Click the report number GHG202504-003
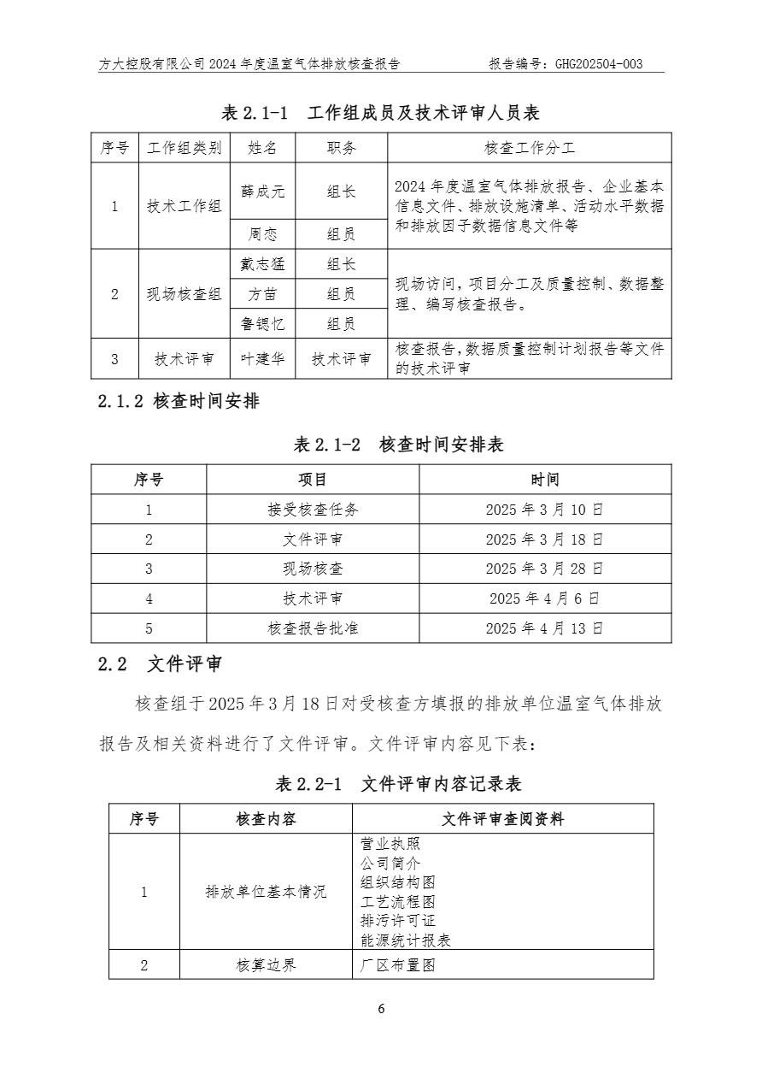598,64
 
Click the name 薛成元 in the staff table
262,191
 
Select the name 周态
262,234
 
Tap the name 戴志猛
262,265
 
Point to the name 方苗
262,295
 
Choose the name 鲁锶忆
262,325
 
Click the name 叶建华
262,359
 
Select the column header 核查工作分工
530,148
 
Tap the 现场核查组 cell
184,295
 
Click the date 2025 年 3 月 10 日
544,510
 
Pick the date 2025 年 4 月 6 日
544,598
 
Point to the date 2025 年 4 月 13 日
544,628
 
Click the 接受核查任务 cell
313,510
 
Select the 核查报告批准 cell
313,628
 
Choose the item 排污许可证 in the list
398,921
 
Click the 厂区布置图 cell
398,965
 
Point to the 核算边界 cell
266,965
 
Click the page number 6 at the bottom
381,1009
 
